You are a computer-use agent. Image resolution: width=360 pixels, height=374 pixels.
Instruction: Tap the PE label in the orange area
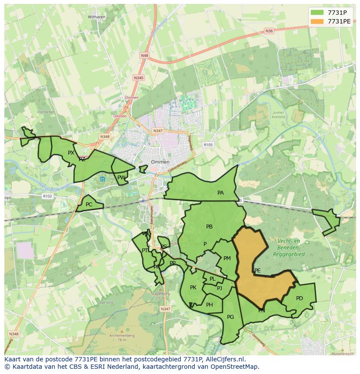tap(257, 271)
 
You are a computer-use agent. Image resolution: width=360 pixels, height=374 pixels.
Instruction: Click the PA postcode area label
tap(220, 193)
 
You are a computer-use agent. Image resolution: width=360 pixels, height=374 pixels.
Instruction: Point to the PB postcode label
tap(209, 226)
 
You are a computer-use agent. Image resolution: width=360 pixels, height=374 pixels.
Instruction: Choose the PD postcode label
tap(299, 298)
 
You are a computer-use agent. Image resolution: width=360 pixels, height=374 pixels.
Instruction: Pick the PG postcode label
tap(230, 317)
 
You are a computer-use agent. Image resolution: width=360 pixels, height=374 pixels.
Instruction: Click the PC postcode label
tap(89, 205)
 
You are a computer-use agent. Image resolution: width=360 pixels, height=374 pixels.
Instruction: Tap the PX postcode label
tap(71, 152)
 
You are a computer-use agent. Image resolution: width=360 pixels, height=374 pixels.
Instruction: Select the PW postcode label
tap(121, 177)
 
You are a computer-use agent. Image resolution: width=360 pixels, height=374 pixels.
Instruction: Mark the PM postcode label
tap(227, 258)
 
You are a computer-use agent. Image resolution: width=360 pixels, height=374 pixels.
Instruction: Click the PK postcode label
tap(193, 288)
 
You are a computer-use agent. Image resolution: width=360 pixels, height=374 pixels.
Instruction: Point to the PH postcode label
tap(210, 305)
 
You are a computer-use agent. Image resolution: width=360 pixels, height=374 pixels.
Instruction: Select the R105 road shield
tap(208, 145)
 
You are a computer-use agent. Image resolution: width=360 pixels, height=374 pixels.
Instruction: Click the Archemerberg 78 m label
tap(122, 338)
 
